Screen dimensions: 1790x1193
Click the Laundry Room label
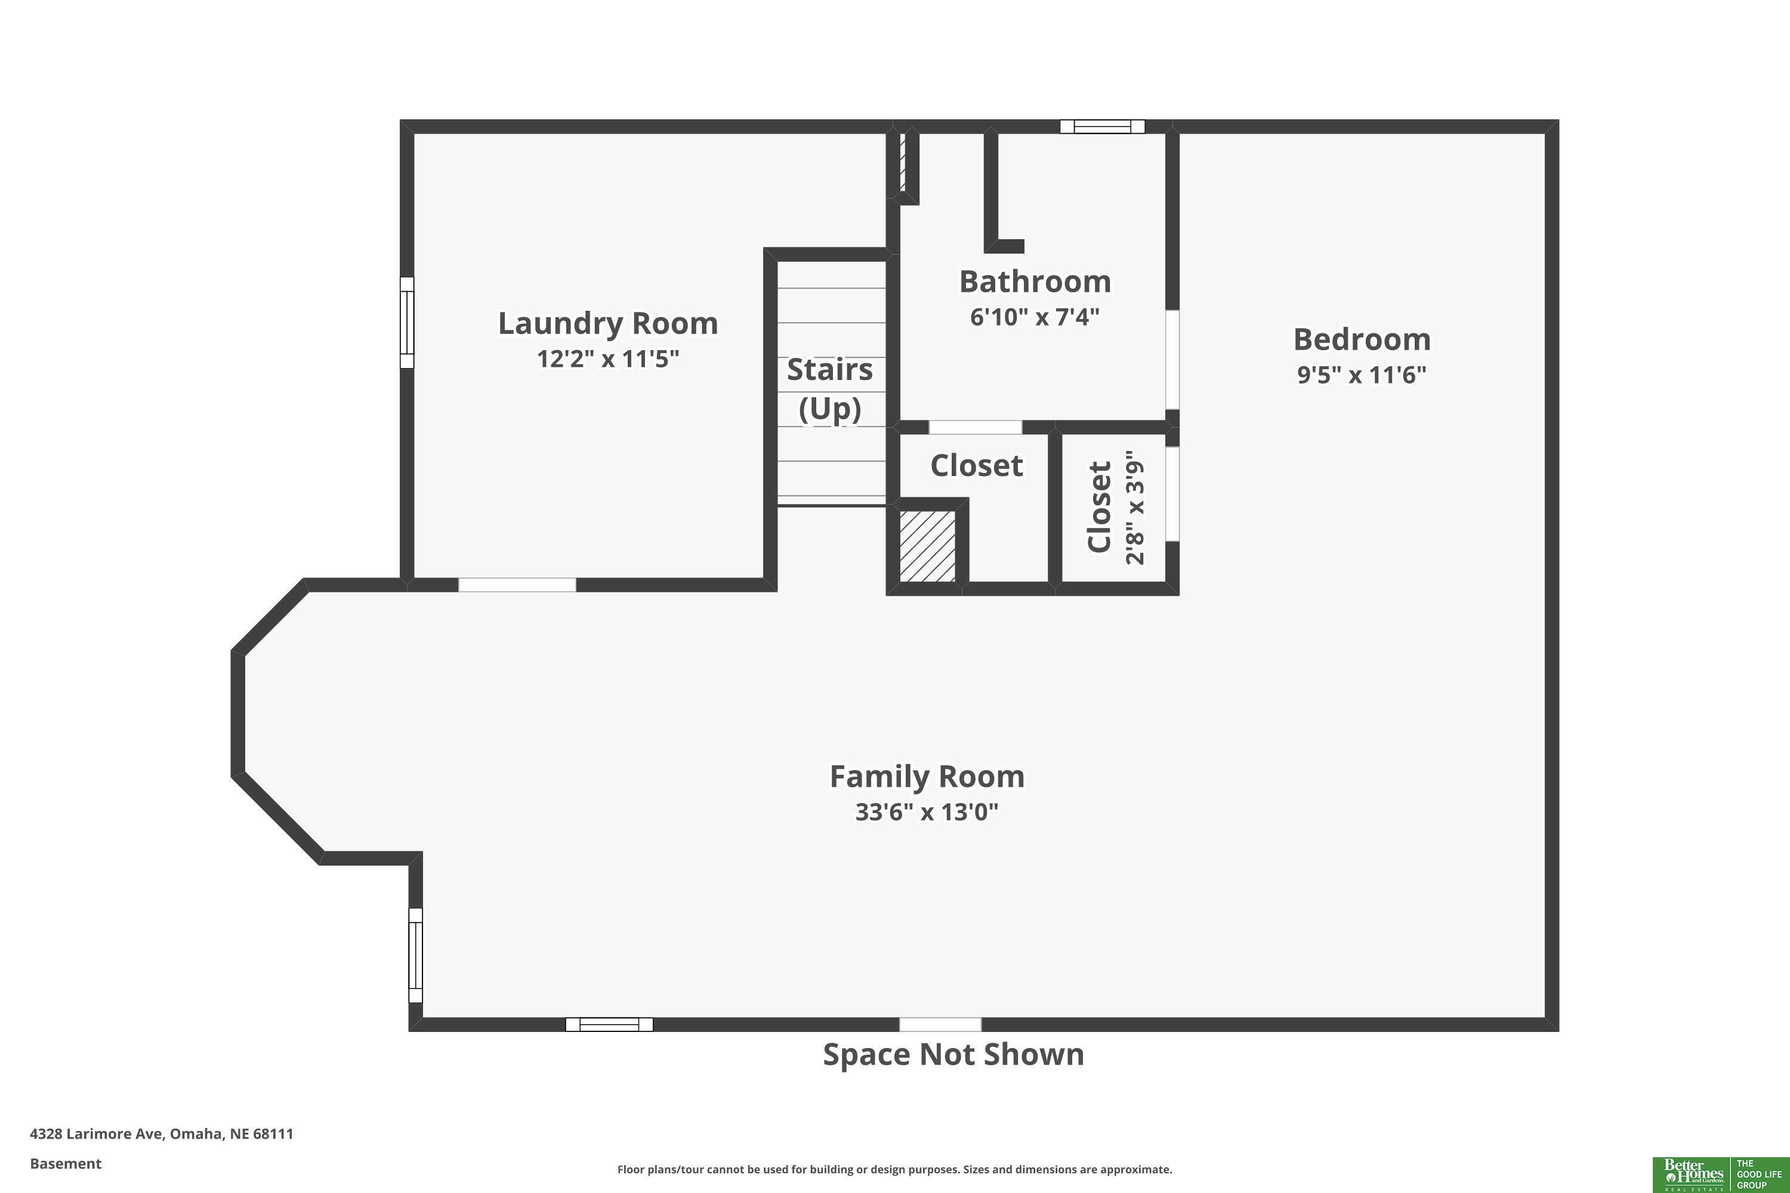(x=608, y=324)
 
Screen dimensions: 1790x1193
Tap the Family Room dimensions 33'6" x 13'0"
(x=926, y=812)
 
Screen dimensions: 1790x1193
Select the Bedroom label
(x=1362, y=339)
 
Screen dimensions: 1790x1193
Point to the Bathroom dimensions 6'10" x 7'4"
(x=1034, y=317)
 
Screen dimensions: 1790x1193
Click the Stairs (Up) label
(x=829, y=389)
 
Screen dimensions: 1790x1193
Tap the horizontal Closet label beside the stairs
(x=976, y=465)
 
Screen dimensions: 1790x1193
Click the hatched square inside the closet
(x=928, y=546)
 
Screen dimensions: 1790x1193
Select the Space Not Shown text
(x=953, y=1055)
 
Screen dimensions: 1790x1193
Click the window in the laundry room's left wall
(x=407, y=323)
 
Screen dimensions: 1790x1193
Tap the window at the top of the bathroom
(x=1102, y=126)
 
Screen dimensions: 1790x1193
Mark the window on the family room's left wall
(x=415, y=955)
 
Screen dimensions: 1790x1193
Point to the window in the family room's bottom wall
(x=609, y=1024)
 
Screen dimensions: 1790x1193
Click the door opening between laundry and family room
(x=517, y=585)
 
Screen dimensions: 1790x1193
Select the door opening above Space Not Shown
(x=940, y=1024)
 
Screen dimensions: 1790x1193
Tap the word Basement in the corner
(x=66, y=1163)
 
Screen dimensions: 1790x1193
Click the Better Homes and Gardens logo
(x=1720, y=1174)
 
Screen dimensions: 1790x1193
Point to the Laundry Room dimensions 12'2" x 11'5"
(x=608, y=358)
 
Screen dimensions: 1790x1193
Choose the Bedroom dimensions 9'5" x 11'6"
(x=1362, y=375)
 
